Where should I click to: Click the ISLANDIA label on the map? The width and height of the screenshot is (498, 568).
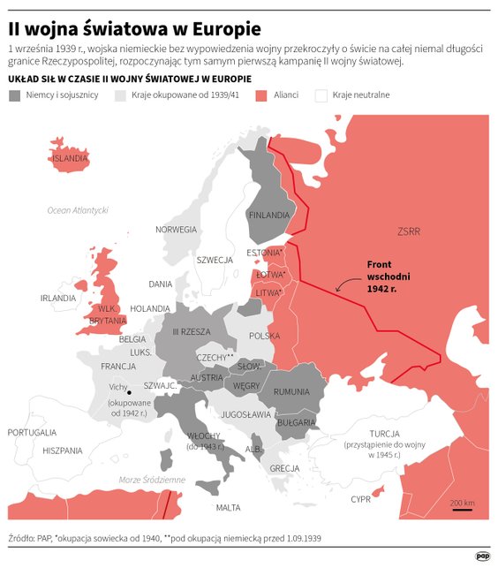pos(70,158)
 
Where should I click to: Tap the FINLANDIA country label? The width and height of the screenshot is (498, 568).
pos(269,215)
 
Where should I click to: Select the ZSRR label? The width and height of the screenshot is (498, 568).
pos(409,231)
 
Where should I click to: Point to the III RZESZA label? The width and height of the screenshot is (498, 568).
pos(191,331)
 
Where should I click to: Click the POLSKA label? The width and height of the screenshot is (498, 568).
pos(264,336)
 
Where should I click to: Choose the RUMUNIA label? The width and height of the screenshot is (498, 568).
pos(291,391)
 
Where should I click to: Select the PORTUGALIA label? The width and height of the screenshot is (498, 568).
pos(32,432)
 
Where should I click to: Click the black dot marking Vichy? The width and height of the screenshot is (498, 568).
pos(129,392)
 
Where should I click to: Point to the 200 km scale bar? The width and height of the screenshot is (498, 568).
pos(462,510)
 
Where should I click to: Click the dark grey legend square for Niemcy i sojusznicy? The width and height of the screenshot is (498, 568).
pos(15,95)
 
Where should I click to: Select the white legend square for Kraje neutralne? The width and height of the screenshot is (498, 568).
pos(321,95)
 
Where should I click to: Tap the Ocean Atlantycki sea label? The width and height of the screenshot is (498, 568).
pos(78,210)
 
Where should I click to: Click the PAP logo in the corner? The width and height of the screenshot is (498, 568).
pos(482,556)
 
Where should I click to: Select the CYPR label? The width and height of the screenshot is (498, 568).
pos(360,498)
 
